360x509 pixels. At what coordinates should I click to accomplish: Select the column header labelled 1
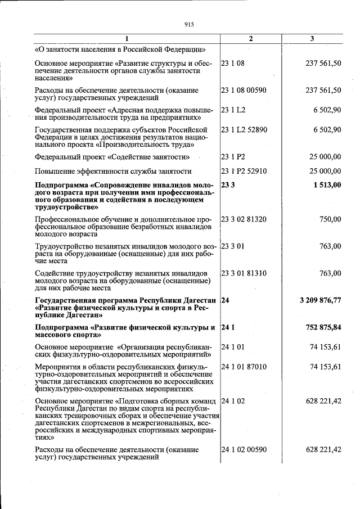(x=127, y=38)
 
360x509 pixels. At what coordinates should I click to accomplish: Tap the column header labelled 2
(x=251, y=38)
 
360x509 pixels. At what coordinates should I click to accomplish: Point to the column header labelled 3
(x=312, y=38)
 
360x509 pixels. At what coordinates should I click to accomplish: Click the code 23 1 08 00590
(x=244, y=90)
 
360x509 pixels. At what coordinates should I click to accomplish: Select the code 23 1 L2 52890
(x=244, y=129)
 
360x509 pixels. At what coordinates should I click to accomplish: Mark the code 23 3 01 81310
(x=244, y=273)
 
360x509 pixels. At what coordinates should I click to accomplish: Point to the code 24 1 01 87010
(x=244, y=367)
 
